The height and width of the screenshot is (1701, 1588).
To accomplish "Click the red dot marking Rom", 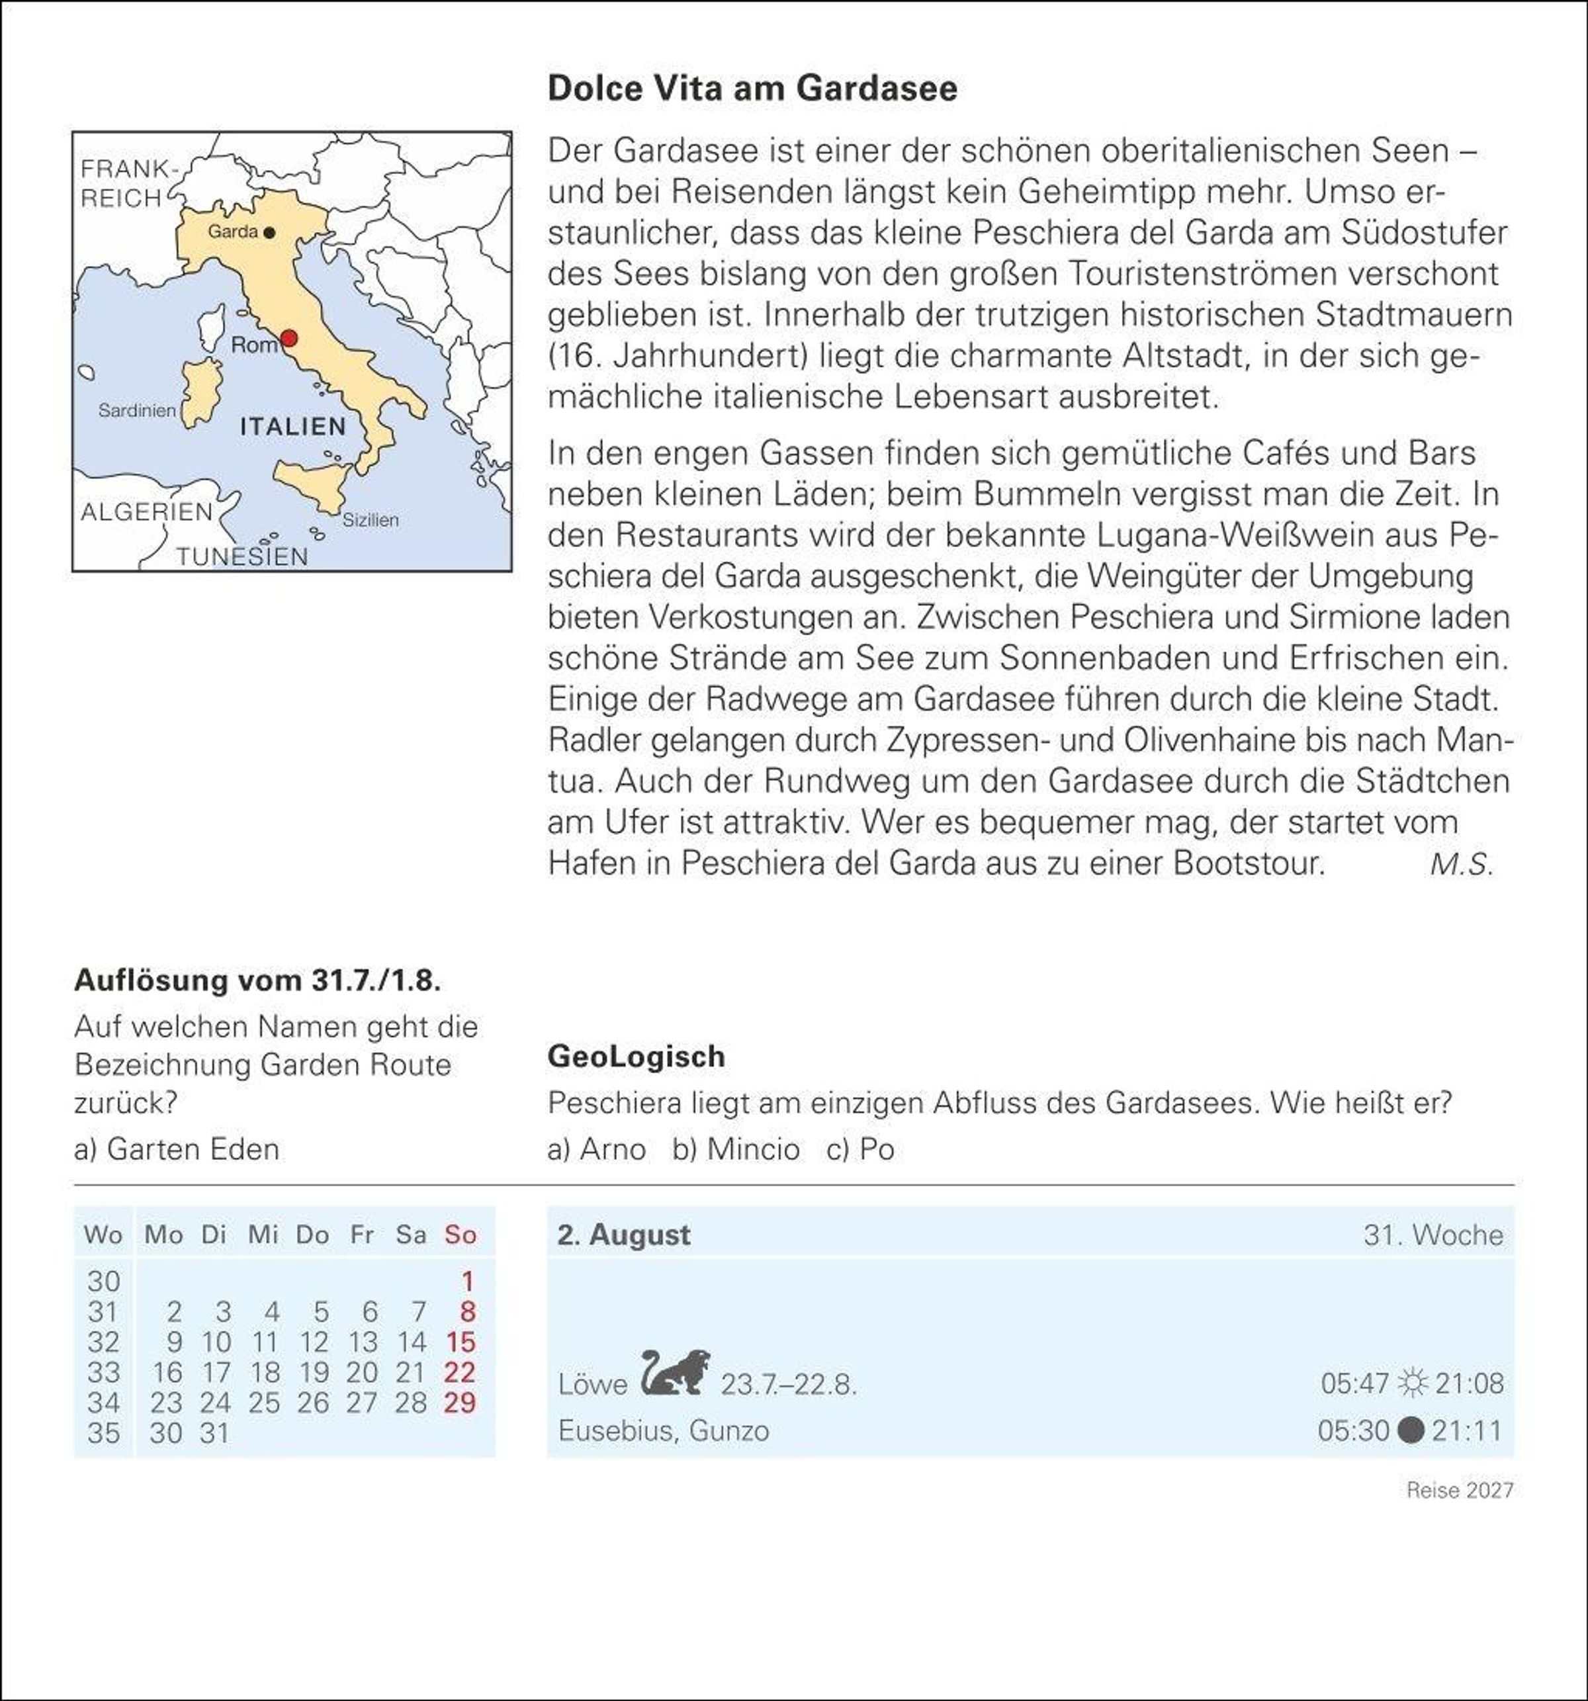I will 289,338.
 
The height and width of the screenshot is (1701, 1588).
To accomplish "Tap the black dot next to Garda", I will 269,232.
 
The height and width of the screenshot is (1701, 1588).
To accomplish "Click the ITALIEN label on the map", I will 292,426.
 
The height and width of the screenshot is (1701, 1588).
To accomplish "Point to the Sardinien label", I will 137,411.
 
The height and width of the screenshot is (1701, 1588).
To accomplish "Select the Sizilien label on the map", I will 371,519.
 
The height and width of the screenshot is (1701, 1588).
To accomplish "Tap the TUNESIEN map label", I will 242,556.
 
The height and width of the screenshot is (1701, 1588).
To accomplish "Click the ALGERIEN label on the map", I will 146,511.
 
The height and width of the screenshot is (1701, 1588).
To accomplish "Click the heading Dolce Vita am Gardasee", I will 752,88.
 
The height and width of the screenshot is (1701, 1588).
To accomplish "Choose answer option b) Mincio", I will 736,1149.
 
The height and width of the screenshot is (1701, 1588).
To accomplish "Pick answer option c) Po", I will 861,1149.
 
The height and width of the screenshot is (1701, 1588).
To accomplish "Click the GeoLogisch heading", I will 637,1057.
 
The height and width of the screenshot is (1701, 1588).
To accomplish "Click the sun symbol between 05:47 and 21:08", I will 1412,1383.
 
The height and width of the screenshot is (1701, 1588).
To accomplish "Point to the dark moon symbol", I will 1410,1430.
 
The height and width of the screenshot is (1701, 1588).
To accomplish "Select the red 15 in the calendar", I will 461,1342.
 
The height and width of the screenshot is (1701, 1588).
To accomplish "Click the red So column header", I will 461,1235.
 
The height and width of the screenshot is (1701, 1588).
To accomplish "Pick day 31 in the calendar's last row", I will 215,1433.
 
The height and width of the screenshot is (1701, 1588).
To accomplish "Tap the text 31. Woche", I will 1433,1235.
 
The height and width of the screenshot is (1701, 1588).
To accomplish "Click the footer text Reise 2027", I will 1460,1491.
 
